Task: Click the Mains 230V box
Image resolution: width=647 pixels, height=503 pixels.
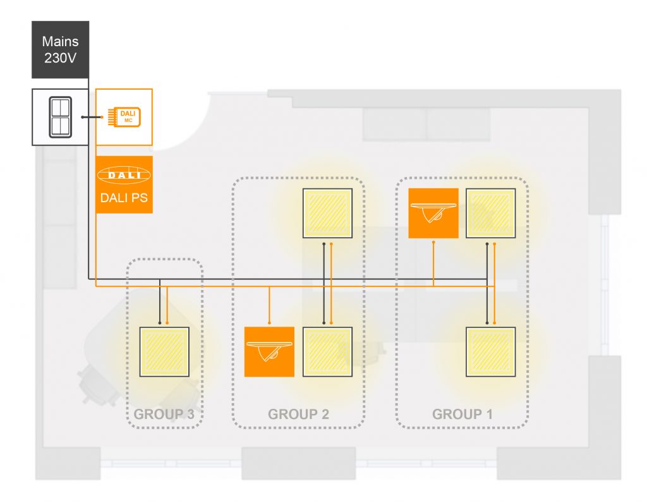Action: click(60, 49)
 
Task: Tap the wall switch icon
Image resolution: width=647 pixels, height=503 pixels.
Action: click(60, 117)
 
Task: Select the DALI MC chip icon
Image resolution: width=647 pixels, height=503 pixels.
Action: click(124, 117)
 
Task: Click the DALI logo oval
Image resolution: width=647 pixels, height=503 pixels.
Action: click(124, 175)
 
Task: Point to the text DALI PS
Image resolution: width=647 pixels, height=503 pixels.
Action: click(124, 198)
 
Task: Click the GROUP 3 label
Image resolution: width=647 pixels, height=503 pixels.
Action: click(164, 414)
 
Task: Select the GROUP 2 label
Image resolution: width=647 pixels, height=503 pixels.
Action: click(298, 414)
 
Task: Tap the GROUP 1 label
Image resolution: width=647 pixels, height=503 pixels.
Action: click(462, 414)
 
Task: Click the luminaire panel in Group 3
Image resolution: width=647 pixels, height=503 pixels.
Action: click(164, 352)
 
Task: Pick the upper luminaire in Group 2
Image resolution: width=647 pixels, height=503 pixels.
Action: click(327, 214)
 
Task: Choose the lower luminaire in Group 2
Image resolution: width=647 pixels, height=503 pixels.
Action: click(327, 352)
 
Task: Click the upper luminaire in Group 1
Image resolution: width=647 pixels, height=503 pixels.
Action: click(490, 214)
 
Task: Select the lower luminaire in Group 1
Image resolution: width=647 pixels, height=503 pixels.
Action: click(490, 352)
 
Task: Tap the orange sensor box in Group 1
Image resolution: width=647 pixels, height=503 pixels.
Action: click(433, 214)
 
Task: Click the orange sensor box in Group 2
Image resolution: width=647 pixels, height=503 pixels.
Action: click(269, 352)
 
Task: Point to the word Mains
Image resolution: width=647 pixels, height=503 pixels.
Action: click(60, 41)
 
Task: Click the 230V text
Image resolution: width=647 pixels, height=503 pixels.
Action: click(60, 58)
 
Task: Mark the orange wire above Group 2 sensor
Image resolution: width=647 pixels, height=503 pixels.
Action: click(269, 305)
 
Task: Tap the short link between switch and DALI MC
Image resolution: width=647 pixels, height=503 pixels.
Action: click(92, 117)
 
